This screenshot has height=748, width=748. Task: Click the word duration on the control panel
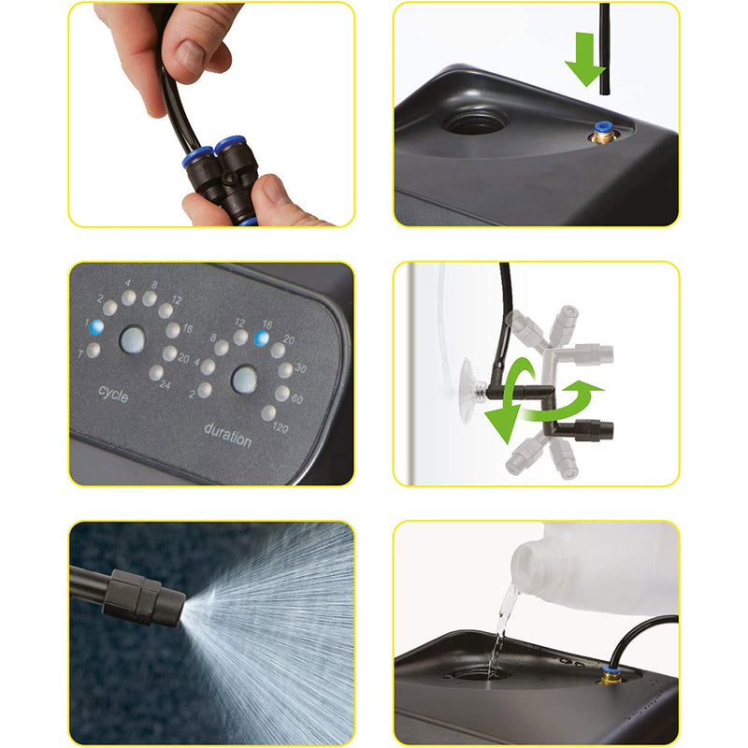228,431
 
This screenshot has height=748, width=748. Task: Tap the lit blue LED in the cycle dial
93,327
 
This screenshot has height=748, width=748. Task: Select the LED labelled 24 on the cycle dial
155,373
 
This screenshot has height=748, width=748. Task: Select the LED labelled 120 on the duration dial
268,412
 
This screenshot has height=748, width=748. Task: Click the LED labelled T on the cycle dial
93,350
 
